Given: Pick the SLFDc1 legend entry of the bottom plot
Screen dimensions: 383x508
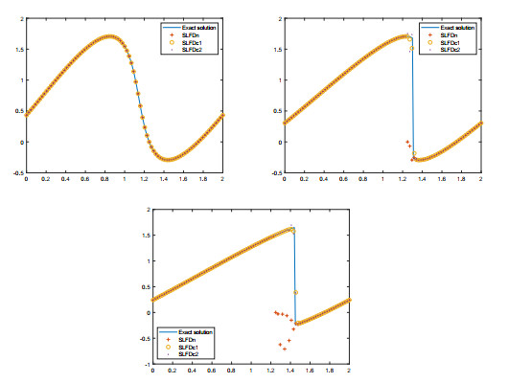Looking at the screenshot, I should pos(191,346).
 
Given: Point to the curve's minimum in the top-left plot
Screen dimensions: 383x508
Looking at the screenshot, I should pos(169,160).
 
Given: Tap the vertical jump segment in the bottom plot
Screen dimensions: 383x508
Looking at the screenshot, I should pos(294,278).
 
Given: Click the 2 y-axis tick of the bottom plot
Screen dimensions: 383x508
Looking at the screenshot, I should pos(146,209).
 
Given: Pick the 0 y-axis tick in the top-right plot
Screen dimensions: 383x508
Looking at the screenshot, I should pos(279,142).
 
